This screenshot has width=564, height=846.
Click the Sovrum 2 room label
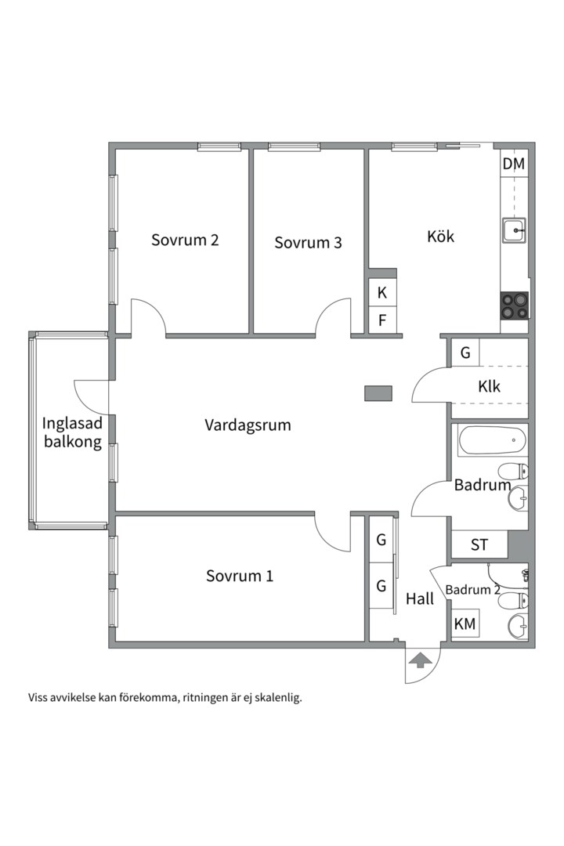click(185, 240)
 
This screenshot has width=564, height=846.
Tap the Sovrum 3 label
click(308, 243)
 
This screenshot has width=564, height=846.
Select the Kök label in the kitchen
click(440, 236)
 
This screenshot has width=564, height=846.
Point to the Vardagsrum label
click(248, 425)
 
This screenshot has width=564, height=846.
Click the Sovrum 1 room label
click(240, 576)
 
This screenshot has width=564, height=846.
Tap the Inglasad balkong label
click(72, 432)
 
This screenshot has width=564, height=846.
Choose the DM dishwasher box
click(513, 164)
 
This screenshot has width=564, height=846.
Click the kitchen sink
click(515, 230)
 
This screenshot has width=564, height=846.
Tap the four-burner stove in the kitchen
click(515, 306)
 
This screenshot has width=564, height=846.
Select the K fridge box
click(382, 292)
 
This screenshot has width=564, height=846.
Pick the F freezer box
click(382, 320)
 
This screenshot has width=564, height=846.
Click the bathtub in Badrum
click(492, 441)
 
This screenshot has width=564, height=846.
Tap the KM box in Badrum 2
click(465, 624)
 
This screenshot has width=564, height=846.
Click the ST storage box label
click(479, 545)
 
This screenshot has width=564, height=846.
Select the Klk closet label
click(489, 386)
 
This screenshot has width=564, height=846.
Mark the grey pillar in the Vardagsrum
click(378, 393)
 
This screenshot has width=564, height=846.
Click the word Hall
click(420, 598)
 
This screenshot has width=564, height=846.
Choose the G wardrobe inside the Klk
click(465, 352)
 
